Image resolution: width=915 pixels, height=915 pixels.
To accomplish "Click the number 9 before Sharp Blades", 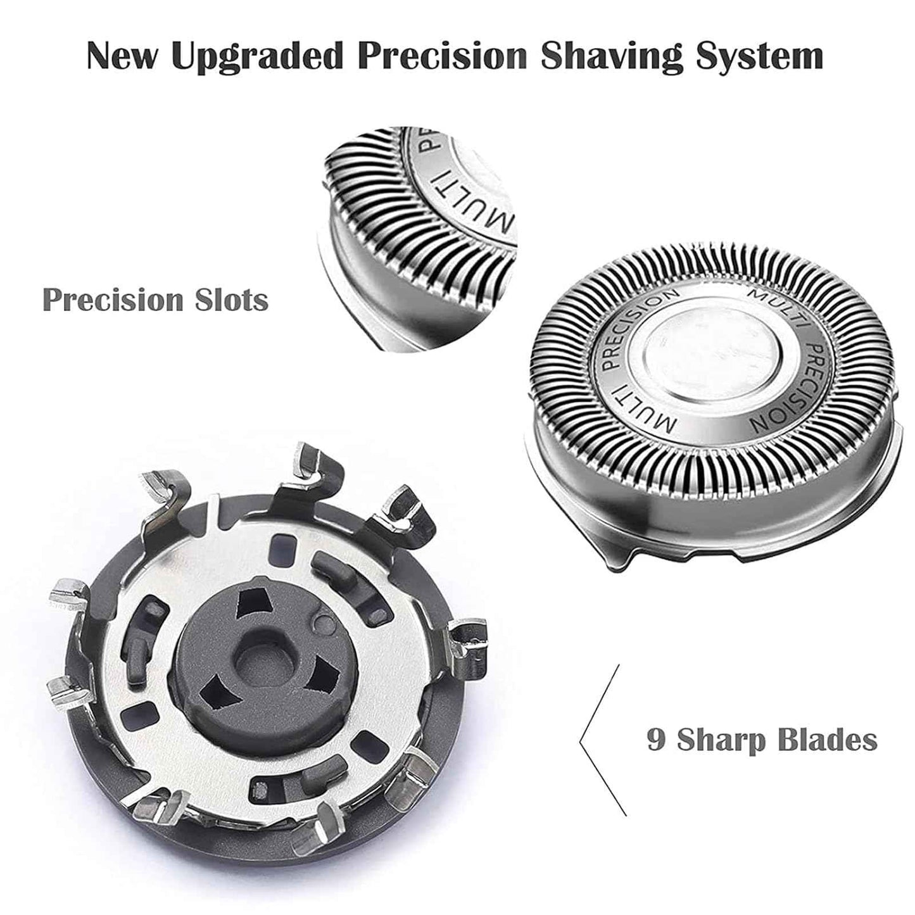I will click(656, 739).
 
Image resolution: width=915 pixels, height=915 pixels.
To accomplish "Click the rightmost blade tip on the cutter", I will click(468, 640).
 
